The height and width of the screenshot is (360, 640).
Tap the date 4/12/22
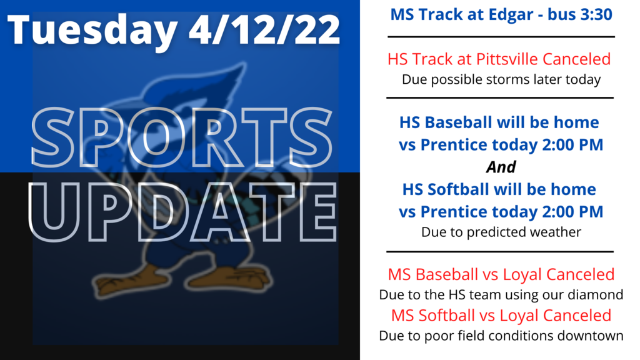point(264,29)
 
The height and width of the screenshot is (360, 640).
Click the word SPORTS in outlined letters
point(182,137)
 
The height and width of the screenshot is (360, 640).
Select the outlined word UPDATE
point(182,211)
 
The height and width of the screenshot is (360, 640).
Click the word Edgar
point(510,16)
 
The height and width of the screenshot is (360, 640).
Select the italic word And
point(501,167)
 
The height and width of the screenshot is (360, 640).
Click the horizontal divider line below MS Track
point(501,37)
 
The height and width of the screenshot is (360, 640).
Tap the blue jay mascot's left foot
point(231,278)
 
